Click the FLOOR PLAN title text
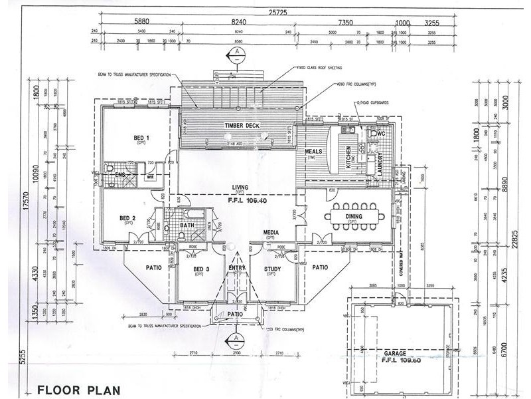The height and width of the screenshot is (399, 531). click(x=76, y=389)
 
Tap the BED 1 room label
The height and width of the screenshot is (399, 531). click(x=141, y=138)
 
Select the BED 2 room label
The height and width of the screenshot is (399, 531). click(x=127, y=218)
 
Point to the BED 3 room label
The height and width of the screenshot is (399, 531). click(x=201, y=269)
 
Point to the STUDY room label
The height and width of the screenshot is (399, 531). click(x=273, y=269)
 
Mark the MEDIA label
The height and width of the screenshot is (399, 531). click(x=270, y=233)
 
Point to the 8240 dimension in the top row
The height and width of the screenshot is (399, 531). click(x=238, y=22)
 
